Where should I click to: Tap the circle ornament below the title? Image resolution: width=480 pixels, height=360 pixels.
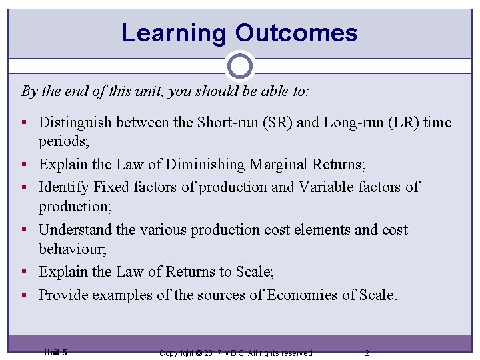click(240, 66)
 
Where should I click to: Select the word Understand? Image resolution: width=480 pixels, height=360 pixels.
click(75, 230)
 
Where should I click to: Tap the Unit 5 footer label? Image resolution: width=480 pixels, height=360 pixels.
click(55, 352)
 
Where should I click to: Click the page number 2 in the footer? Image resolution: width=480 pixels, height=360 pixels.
click(367, 353)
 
